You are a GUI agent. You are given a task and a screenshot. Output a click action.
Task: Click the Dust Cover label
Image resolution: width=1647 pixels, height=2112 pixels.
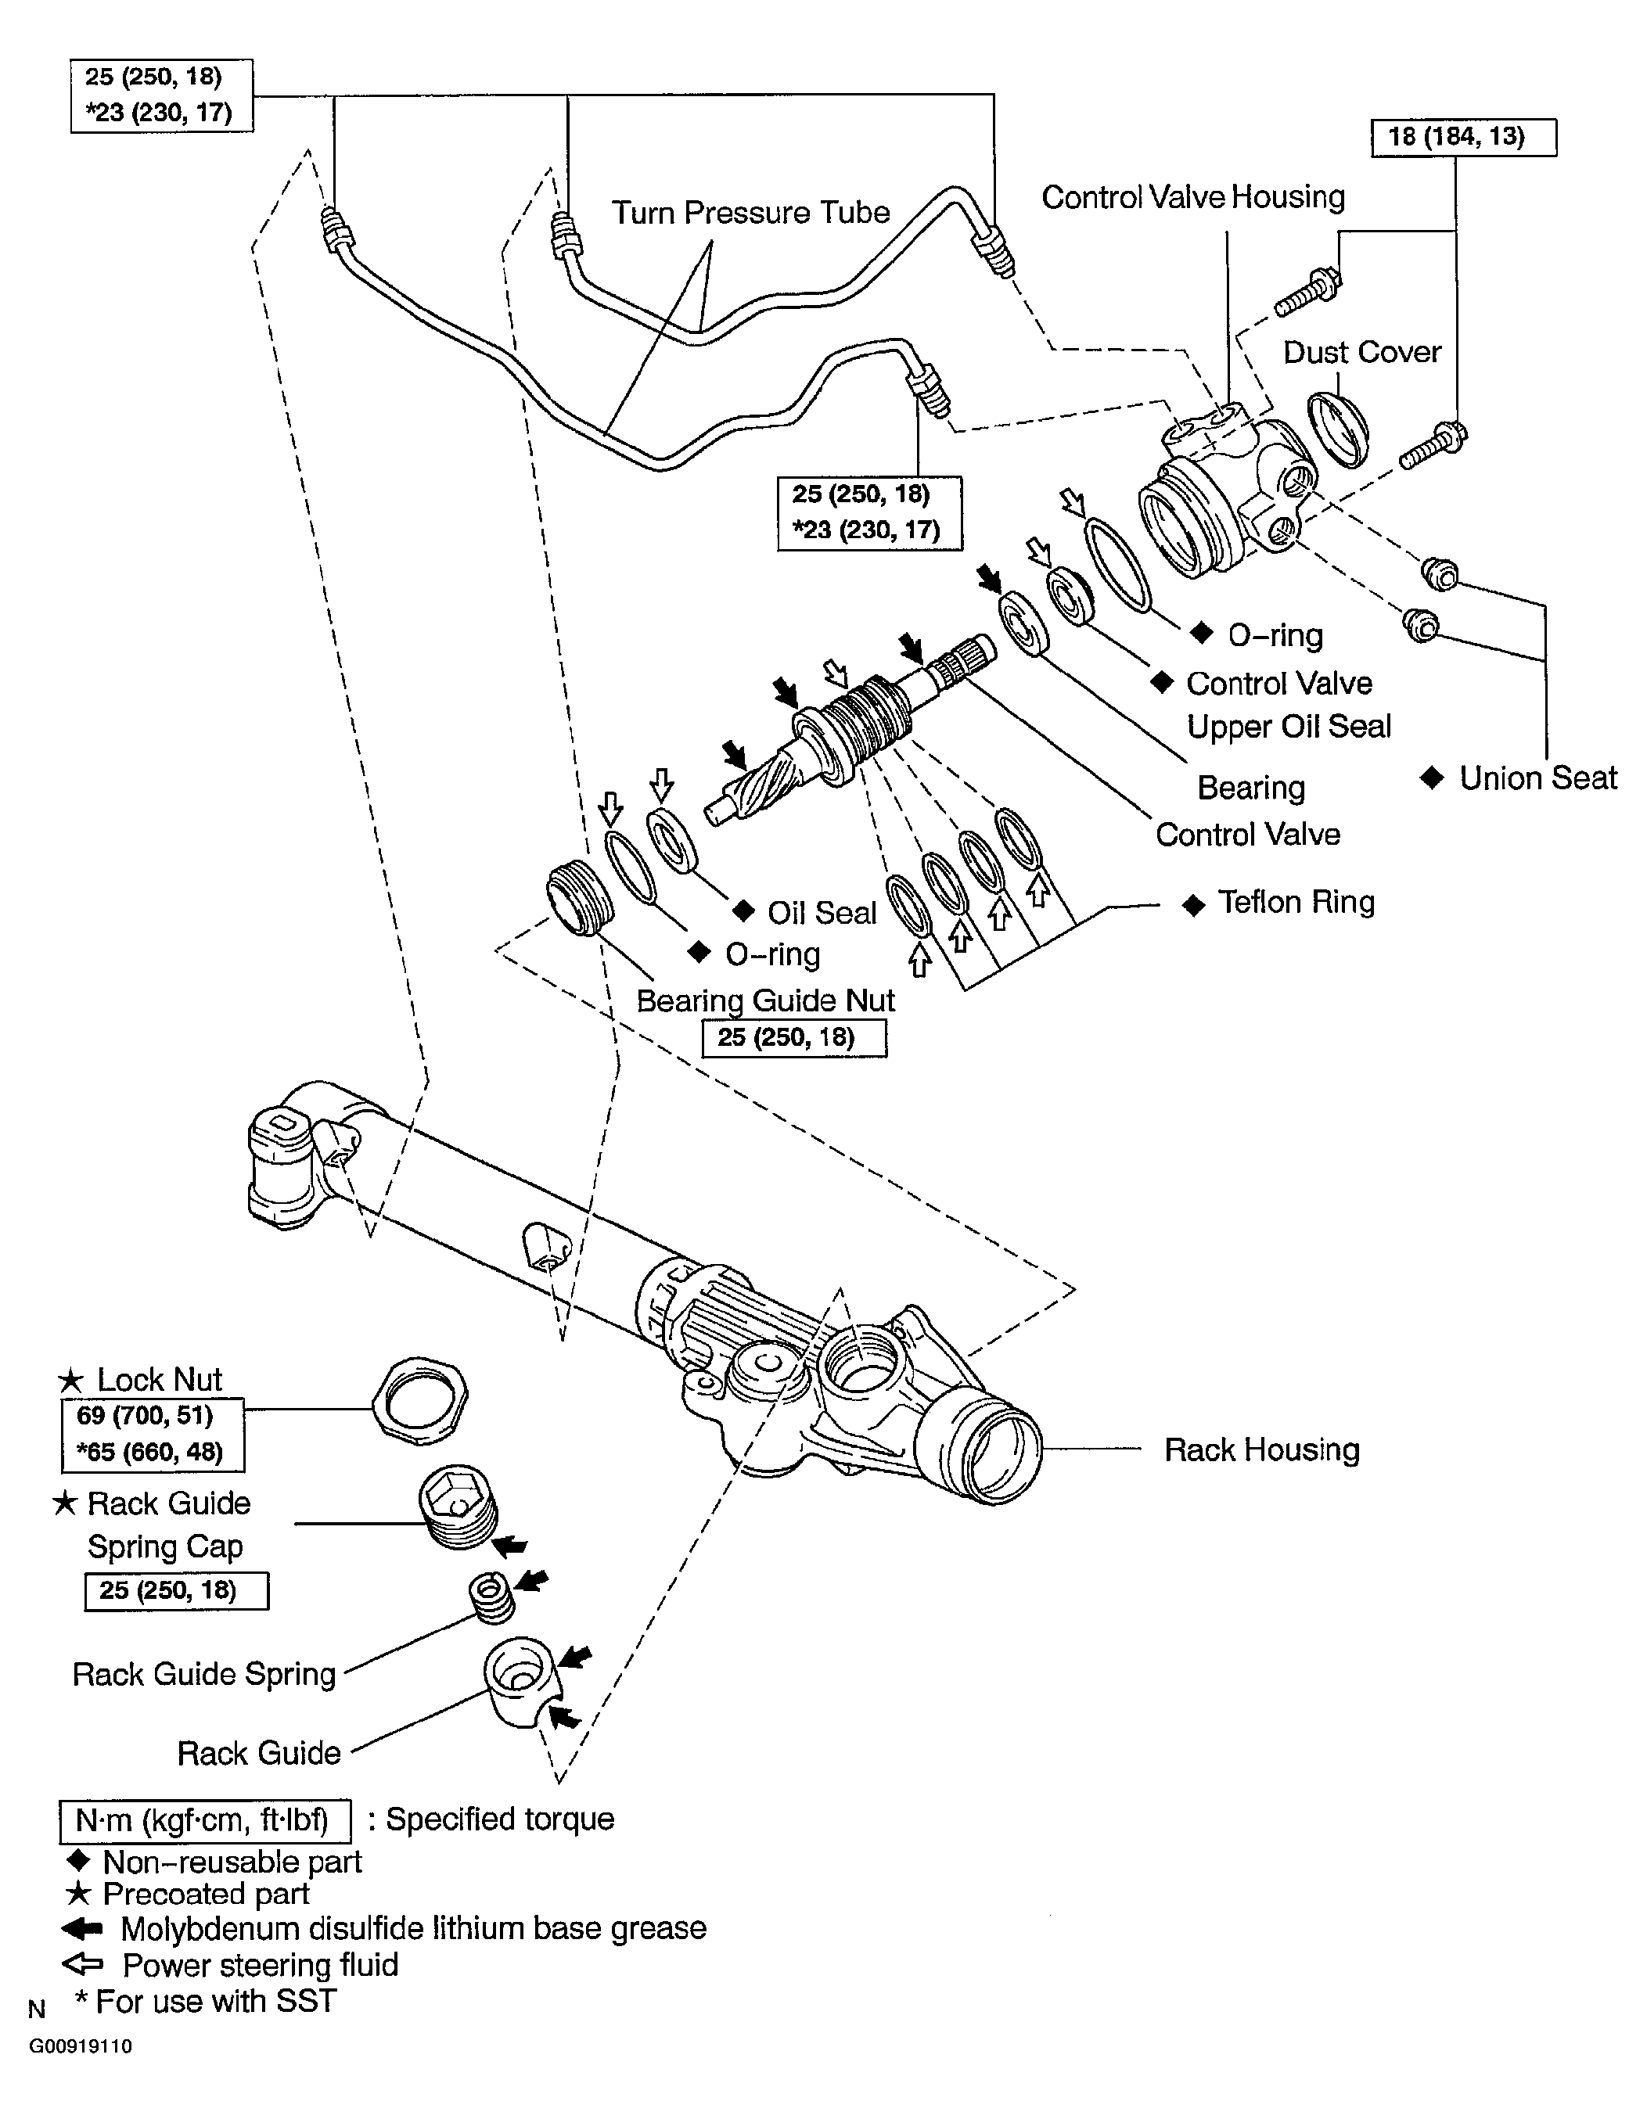[1361, 352]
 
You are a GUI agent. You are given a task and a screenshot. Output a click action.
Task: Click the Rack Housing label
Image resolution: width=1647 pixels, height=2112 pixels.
[1261, 1449]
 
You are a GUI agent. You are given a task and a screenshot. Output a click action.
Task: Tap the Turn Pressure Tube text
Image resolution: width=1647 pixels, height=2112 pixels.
[750, 213]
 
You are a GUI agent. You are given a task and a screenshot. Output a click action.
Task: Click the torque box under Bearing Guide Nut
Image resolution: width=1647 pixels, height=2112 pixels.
[793, 1038]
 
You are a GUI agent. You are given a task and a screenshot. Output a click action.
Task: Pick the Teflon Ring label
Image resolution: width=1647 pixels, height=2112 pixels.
[1295, 902]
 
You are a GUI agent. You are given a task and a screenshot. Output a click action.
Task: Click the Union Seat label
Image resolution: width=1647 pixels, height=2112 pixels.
[1537, 778]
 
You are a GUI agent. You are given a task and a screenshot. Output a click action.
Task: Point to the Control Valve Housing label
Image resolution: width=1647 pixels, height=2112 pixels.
[1192, 197]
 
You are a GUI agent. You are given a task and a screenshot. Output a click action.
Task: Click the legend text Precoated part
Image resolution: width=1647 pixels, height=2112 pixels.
[205, 1894]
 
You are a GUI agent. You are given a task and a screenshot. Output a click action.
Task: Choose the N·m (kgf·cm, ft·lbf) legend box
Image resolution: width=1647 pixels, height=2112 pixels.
[205, 1820]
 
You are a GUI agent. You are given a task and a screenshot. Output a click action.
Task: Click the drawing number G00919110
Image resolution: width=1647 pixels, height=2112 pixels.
[81, 2046]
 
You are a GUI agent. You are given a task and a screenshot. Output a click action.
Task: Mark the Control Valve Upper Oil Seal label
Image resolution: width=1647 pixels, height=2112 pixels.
[1286, 705]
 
